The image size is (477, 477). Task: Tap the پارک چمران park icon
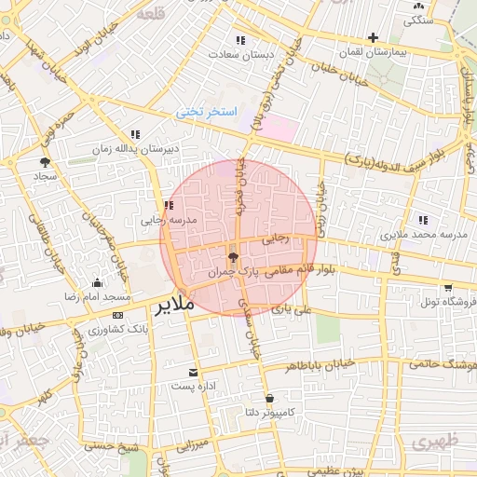[232, 256]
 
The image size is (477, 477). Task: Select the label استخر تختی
[208, 112]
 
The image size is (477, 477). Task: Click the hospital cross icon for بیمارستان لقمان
[373, 38]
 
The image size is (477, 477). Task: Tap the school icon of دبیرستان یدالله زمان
[135, 134]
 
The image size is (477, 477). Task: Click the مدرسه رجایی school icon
[168, 206]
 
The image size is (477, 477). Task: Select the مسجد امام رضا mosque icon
[97, 282]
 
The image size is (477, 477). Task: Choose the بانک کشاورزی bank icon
[116, 316]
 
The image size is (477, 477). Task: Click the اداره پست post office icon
[194, 372]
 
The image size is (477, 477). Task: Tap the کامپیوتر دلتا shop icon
[268, 396]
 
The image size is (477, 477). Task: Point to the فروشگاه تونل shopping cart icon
[449, 288]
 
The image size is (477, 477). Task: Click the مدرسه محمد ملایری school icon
[423, 220]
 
